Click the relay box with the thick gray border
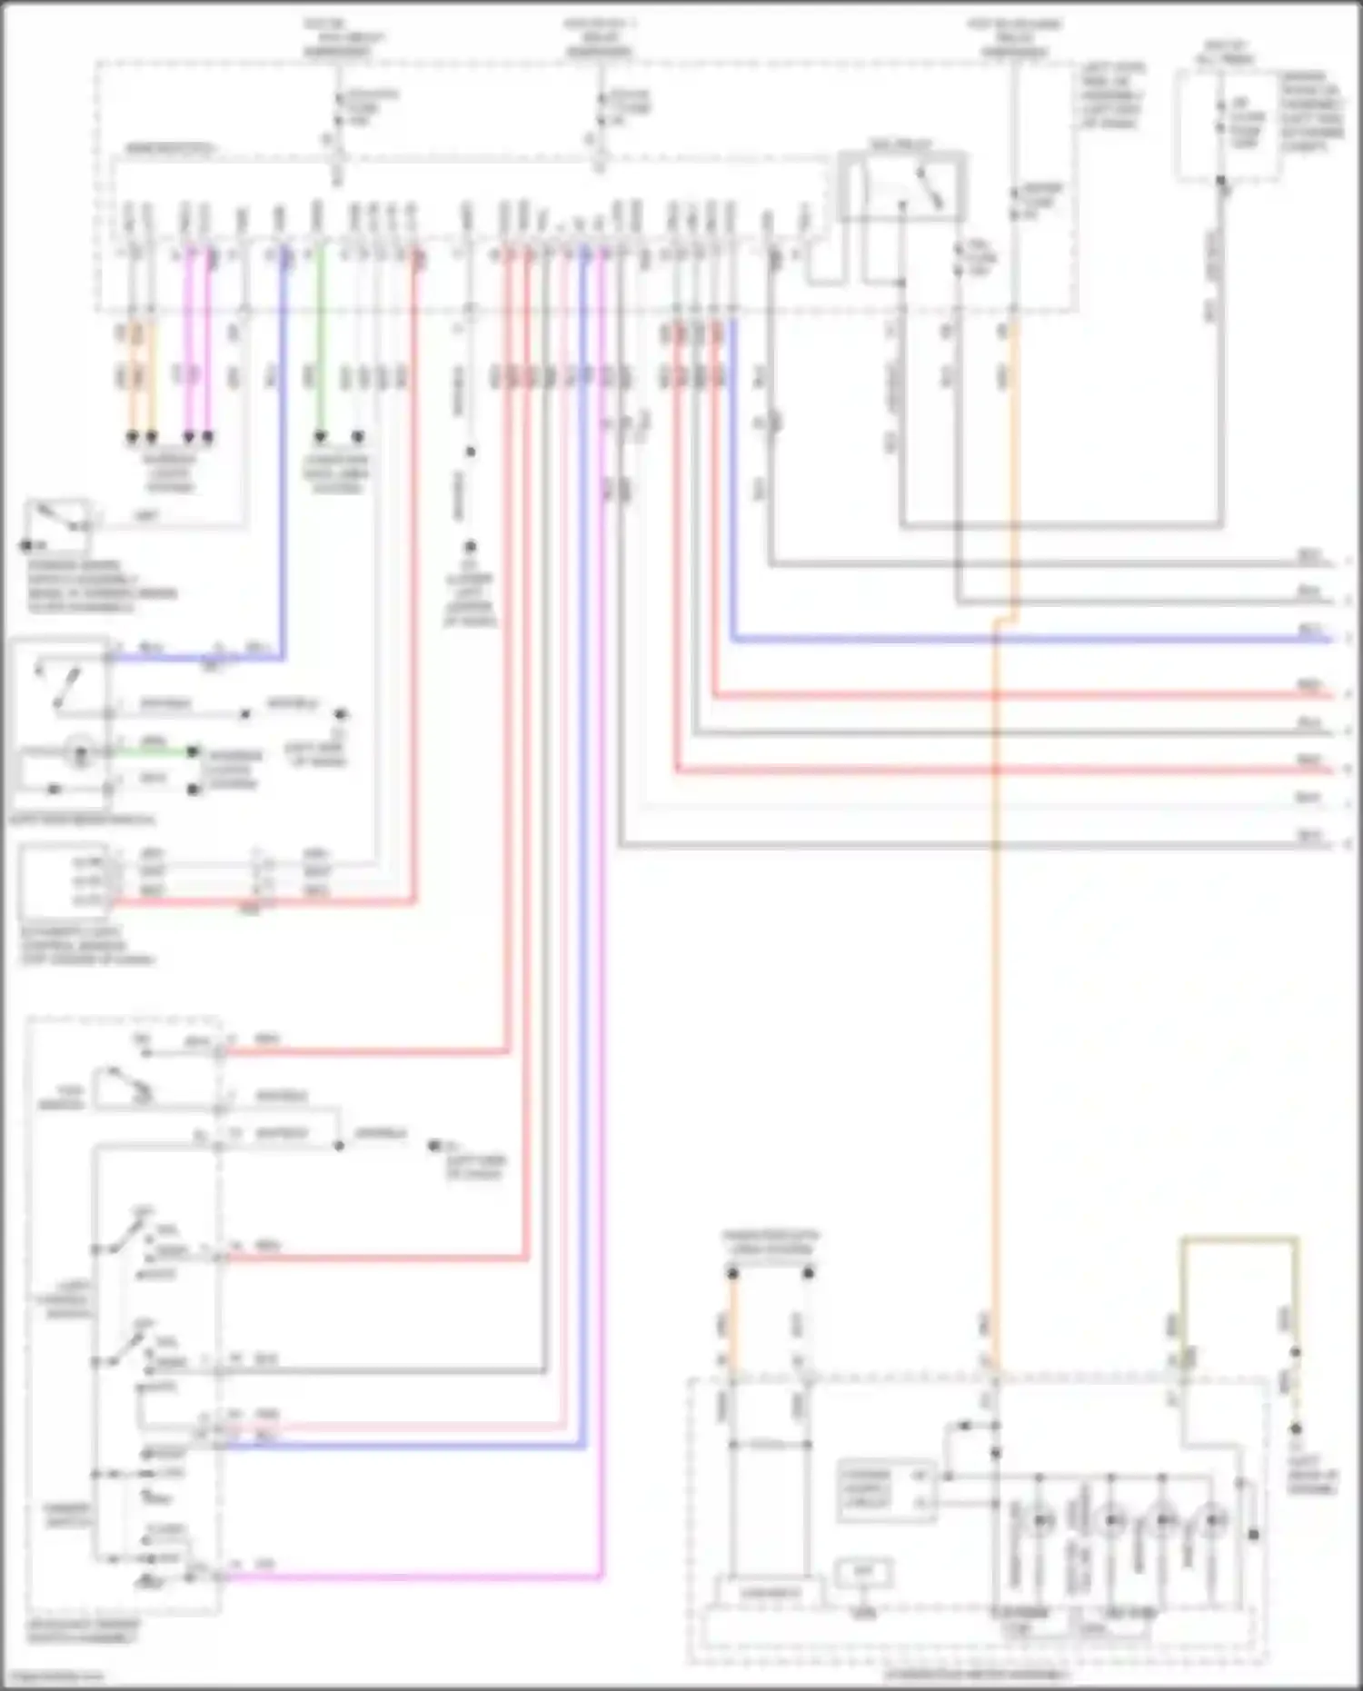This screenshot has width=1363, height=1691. coord(901,186)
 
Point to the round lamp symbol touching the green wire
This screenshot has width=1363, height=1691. coord(80,753)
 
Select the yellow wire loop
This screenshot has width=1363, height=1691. coord(1239,1239)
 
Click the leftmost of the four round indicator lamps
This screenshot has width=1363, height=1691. coord(1042,1519)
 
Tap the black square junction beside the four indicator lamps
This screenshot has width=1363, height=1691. coord(1254,1535)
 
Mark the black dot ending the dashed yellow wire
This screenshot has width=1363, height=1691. coord(1296,1429)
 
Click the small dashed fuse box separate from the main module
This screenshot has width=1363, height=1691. coord(1227,127)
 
